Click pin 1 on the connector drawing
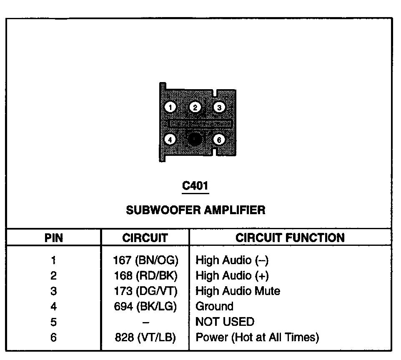point(170,107)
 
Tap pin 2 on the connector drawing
point(195,107)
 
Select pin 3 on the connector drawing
point(219,107)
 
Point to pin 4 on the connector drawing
point(170,140)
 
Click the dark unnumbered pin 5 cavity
point(195,140)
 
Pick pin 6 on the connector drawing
point(219,140)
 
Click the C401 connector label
point(195,186)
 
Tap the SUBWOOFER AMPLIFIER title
point(195,209)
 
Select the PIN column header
point(53,238)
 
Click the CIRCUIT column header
point(145,238)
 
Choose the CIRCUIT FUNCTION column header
point(290,237)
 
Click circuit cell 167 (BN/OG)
point(145,260)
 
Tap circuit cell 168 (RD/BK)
point(145,275)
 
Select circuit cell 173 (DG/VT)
point(145,291)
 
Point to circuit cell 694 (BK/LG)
point(145,306)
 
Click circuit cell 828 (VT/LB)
point(145,337)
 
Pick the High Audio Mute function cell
point(238,291)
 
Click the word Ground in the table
point(214,306)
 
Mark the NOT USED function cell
point(225,322)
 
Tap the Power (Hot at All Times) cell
point(257,337)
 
